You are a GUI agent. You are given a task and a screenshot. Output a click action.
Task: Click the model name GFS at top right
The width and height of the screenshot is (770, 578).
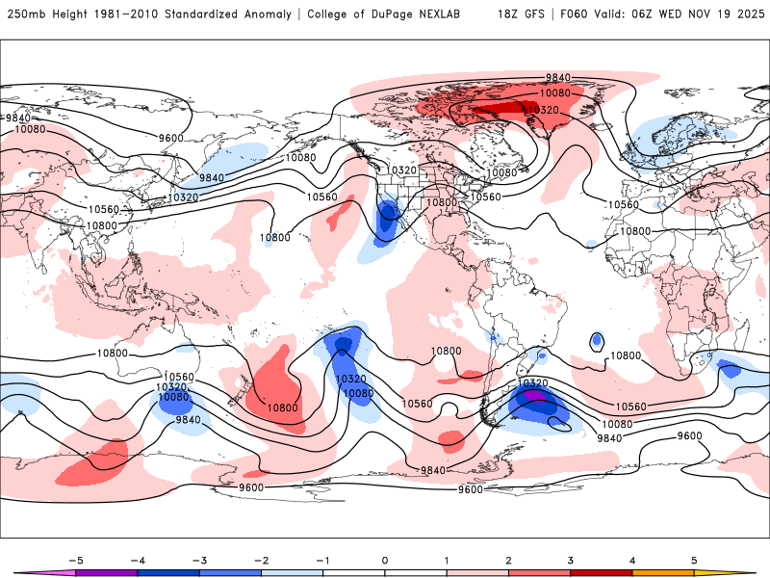pos(536,14)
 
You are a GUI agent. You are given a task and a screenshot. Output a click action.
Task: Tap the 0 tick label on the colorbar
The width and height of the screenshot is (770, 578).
pos(384,559)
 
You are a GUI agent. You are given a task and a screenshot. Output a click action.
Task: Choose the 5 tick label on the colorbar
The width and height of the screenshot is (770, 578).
pos(694,559)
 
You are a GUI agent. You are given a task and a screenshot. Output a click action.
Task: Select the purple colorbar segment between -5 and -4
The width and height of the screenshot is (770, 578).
pos(106,572)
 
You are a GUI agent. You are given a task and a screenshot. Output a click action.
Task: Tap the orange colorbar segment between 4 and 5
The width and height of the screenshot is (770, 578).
pos(663,572)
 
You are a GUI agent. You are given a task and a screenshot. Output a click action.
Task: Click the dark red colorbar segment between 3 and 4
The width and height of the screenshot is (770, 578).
pos(601,572)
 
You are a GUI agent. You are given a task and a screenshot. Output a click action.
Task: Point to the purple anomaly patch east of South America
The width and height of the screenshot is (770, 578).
pos(535,396)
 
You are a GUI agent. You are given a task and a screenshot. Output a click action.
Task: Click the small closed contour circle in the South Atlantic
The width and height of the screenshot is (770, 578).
pos(597,340)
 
